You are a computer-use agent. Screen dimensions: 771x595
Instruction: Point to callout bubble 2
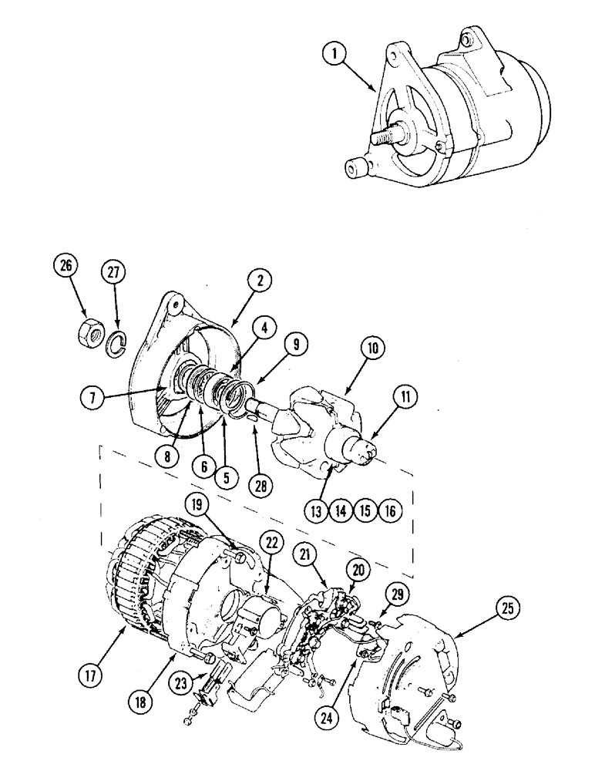click(260, 281)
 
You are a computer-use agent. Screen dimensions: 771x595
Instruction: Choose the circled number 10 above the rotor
click(372, 348)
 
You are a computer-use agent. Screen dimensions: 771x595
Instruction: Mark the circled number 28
click(261, 487)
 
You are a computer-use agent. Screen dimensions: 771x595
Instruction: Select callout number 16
click(390, 510)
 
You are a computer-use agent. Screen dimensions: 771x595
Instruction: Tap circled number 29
click(398, 594)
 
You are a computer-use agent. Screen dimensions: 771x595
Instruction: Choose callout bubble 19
click(194, 505)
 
